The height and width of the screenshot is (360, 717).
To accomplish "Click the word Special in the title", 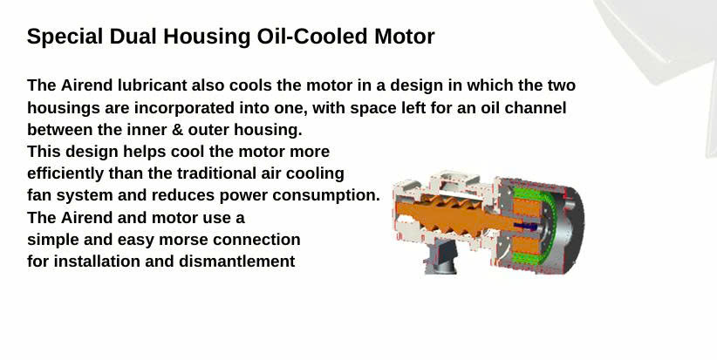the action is coord(65,37).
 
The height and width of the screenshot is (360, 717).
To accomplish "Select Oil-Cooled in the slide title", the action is coord(312,37).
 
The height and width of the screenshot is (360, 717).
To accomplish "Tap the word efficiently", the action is coord(65,173).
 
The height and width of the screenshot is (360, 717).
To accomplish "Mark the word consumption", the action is coord(326,195).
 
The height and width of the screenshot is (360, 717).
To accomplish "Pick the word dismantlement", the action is coord(237,262).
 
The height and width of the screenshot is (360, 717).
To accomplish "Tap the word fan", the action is coord(39,195).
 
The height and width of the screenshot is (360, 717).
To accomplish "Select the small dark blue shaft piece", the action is coord(526,226).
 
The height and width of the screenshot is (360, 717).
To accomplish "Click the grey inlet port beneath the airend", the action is coord(440,257).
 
